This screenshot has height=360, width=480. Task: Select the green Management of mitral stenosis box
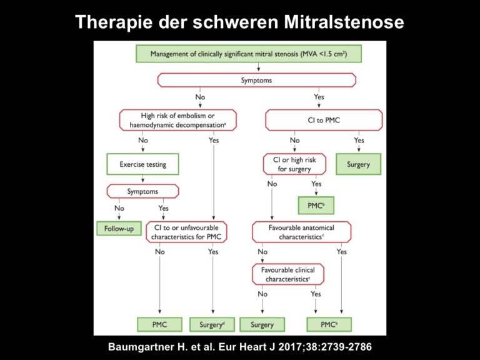[249, 54]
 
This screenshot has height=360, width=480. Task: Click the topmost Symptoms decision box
[256, 80]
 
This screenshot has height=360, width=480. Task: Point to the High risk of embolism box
[178, 120]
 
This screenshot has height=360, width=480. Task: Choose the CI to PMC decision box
[324, 120]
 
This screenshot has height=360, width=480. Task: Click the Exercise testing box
[142, 164]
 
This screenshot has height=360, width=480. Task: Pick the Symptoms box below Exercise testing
[142, 191]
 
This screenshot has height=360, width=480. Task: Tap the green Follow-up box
[119, 228]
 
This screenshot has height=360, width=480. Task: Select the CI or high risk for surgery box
[294, 164]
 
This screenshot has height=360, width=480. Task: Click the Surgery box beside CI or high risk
[359, 164]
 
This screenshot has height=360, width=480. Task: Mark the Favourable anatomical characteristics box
[301, 232]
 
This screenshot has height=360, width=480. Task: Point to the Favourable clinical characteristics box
[287, 274]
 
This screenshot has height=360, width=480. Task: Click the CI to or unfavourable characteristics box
[186, 232]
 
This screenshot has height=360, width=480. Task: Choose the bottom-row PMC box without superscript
[159, 324]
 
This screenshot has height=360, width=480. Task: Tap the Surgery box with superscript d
[212, 324]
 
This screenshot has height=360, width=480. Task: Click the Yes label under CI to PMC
[359, 140]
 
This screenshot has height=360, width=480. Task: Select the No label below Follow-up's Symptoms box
[119, 208]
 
